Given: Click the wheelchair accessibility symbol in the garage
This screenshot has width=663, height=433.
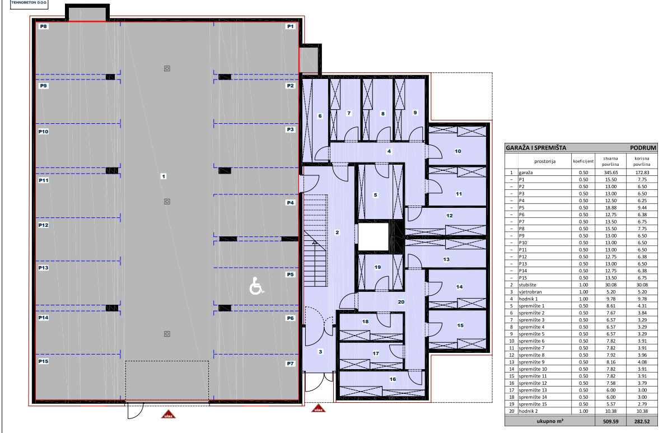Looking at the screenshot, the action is click(x=256, y=286).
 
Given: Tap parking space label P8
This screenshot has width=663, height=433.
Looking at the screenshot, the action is click(x=43, y=26).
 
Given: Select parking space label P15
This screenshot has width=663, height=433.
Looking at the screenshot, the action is click(x=44, y=361).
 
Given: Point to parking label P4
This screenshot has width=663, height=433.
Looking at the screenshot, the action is click(x=290, y=203).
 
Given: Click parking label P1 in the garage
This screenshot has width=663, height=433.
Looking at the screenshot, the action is click(x=290, y=26).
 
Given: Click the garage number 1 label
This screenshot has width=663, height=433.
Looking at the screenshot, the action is click(x=164, y=176).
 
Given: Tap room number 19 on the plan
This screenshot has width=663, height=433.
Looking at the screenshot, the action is click(x=377, y=267).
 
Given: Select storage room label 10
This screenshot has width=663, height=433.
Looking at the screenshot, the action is click(x=458, y=151).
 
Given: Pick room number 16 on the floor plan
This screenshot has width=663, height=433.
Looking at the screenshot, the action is click(x=393, y=379).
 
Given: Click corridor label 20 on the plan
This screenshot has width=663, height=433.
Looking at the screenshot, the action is click(x=401, y=302).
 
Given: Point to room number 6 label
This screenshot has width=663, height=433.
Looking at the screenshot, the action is click(x=320, y=116).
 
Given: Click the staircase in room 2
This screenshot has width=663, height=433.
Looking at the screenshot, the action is click(x=315, y=241).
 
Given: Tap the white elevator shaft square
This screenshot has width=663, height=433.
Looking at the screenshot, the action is click(x=373, y=237).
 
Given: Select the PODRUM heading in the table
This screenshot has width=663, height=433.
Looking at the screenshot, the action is click(x=643, y=147).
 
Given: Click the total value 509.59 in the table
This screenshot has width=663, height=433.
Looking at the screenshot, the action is click(x=610, y=421).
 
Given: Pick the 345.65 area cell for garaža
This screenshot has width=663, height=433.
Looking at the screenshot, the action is click(x=610, y=173).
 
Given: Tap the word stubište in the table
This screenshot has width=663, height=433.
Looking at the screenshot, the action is click(x=527, y=285).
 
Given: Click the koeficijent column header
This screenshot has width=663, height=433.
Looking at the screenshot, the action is click(x=583, y=161).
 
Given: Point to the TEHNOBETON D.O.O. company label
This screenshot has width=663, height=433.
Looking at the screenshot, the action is click(x=29, y=3).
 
